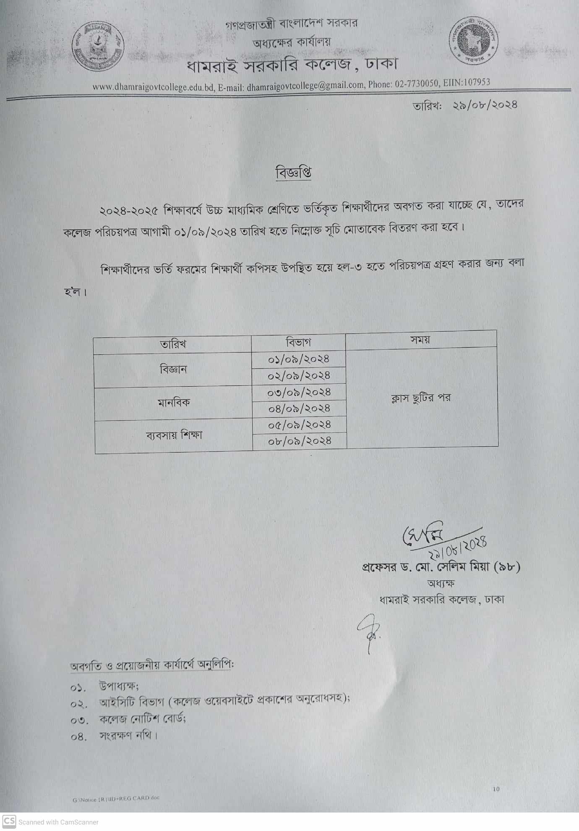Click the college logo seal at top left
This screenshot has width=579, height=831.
98,46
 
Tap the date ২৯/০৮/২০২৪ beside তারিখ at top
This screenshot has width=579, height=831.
485,105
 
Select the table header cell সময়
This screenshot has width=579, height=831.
420,340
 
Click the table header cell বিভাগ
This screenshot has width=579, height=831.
298,343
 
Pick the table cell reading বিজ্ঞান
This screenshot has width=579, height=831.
173,370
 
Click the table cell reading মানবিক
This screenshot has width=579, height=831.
174,403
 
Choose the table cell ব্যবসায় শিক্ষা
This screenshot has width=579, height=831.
174,435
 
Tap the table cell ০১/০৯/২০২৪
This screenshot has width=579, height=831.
299,359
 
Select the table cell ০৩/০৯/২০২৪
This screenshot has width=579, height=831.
299,392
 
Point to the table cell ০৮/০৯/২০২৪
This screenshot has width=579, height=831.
300,441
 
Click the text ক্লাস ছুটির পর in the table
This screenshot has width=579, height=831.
421,398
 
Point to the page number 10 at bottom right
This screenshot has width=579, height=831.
496,789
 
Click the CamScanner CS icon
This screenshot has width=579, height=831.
9,821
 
